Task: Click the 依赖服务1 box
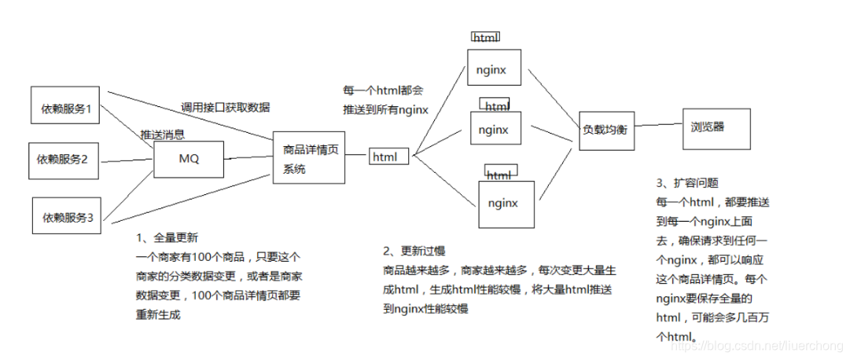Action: (67, 108)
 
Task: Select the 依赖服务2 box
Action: (63, 160)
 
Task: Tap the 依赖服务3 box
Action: (68, 217)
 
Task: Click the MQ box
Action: (189, 159)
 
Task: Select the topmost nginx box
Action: (495, 70)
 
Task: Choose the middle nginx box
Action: (494, 128)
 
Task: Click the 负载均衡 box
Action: (603, 128)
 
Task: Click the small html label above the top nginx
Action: (484, 37)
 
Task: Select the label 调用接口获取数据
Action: (225, 108)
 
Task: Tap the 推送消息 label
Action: (163, 134)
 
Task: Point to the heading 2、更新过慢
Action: (414, 251)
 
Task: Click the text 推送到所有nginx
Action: (385, 110)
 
